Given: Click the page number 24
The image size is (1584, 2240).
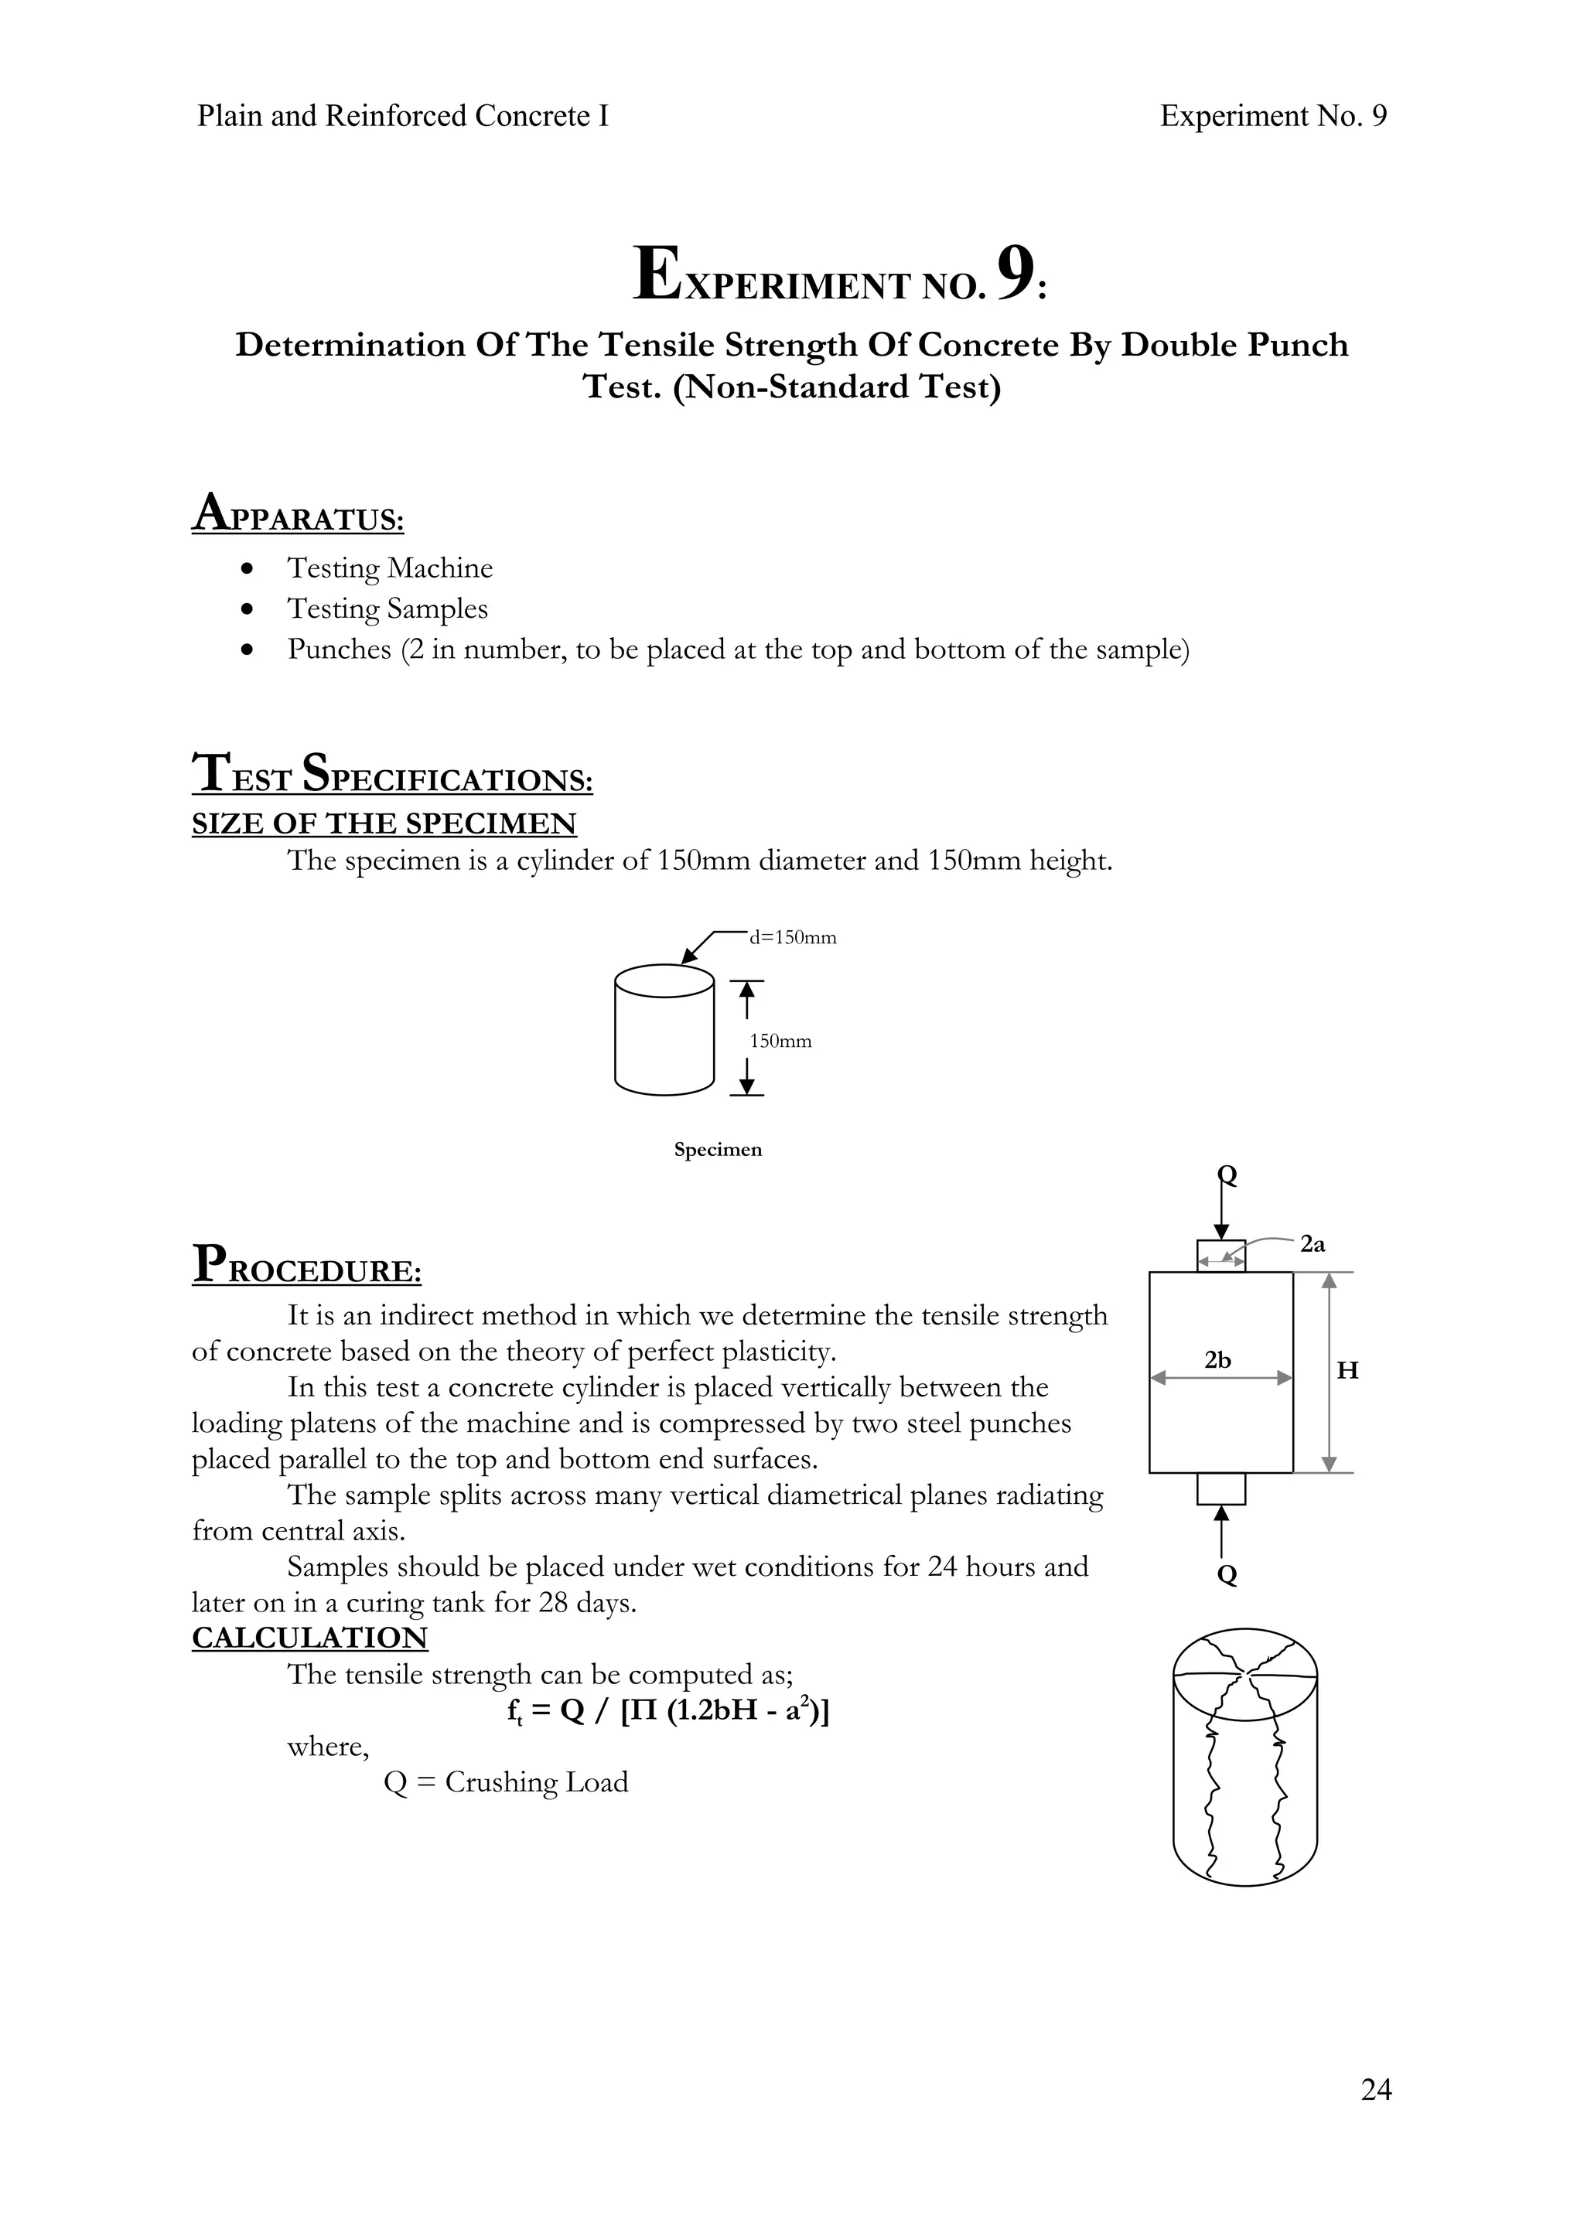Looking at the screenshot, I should coord(1375,2088).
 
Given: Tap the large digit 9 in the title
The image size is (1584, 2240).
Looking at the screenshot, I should coord(1015,274).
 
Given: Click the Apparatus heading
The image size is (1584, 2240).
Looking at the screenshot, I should coord(298,514).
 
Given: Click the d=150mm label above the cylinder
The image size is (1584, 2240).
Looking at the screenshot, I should coord(793,938).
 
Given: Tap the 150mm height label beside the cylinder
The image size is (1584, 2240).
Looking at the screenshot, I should coord(780,1041).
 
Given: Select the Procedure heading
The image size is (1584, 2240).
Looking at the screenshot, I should coord(306,1266).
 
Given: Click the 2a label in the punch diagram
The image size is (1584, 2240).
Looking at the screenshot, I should coord(1313,1244).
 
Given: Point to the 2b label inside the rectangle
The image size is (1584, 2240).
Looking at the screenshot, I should coord(1217,1359).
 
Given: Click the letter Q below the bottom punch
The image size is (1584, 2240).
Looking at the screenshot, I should coord(1227,1573).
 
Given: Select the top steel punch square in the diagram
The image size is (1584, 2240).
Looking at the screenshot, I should coord(1221,1256).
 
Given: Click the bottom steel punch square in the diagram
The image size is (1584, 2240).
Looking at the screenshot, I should coord(1221,1488).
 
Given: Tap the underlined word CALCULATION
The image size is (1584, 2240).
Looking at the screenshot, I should coord(309,1638).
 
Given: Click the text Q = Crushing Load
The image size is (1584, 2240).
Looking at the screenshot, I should coord(506,1782).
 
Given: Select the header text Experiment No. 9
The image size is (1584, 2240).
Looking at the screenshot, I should coord(1272,116).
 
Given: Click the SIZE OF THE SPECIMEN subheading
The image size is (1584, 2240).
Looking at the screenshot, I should coord(384,823).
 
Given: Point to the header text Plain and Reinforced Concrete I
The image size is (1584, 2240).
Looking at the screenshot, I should coord(402,116).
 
